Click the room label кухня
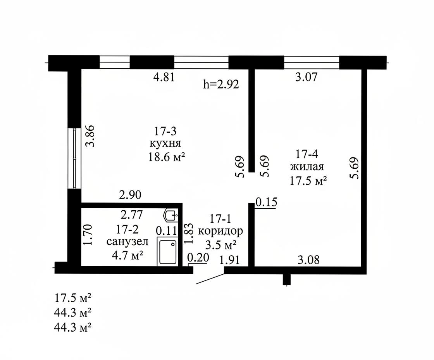coord(165,144)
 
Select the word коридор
coord(220,231)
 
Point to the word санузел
coord(127,242)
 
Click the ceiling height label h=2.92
coord(221,84)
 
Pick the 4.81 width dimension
coord(164,77)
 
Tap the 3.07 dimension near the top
coord(306,77)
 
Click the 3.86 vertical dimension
coord(90,136)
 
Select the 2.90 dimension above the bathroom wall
coord(130,195)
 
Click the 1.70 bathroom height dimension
coord(88,235)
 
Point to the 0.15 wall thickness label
coord(266,202)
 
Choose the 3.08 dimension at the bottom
coord(308,260)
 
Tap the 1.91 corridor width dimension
coord(229,260)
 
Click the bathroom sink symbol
coord(171,215)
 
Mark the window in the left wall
coord(74,158)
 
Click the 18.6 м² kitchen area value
coord(167,157)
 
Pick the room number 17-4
coord(307,154)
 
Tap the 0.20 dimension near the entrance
coord(198,258)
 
